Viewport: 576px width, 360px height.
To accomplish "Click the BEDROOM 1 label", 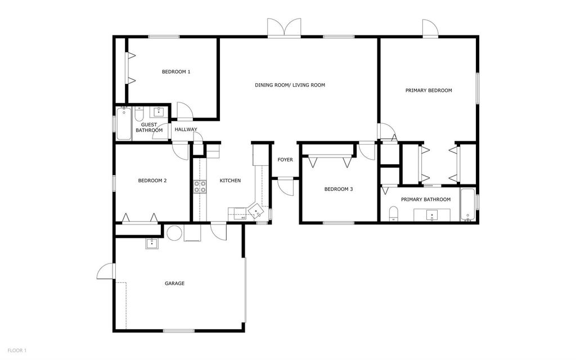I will point(176,71).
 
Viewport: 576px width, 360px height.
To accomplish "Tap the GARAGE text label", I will point(174,283).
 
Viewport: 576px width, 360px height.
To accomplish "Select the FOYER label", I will point(285,160).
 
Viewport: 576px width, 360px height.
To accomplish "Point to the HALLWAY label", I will point(186,129).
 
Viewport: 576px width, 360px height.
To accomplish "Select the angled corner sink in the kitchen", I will point(256,211).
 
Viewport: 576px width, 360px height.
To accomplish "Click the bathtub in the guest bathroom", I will point(123,123).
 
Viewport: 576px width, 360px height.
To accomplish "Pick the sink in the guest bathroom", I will point(159,111).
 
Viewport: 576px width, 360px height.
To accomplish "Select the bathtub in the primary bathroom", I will point(467,206).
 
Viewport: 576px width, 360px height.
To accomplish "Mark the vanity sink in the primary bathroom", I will point(432,215).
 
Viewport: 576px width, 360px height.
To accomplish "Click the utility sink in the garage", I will point(151,244).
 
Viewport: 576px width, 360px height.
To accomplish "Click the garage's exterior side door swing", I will point(106,272).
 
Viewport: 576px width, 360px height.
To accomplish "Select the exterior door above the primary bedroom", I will point(429,28).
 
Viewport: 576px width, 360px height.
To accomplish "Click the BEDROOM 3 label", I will point(339,189).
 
